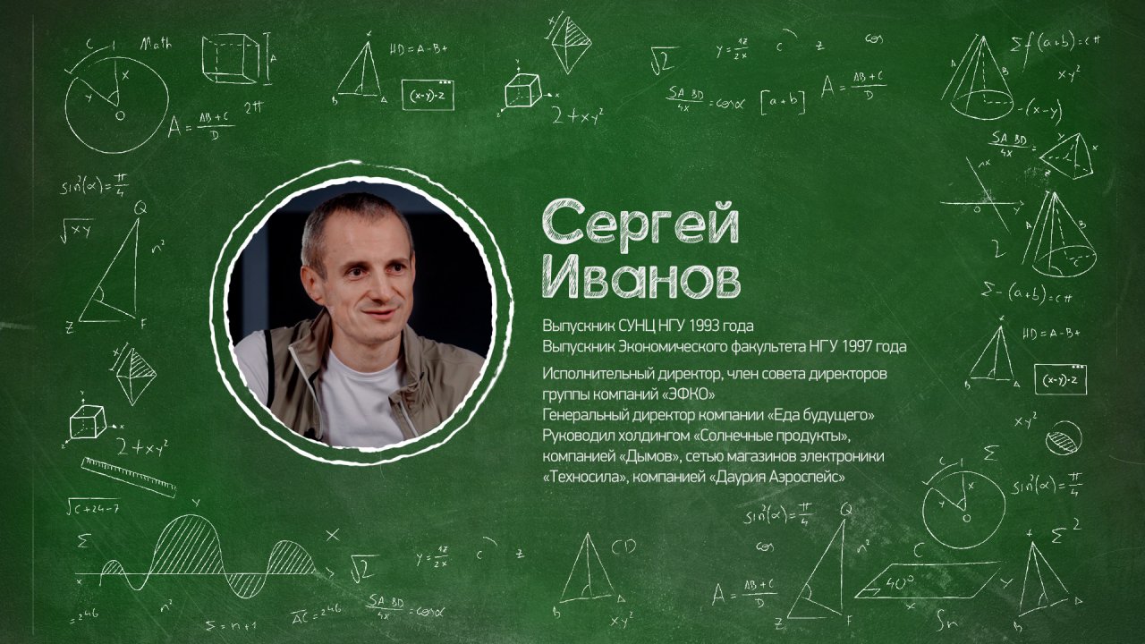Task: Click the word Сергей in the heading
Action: (640, 224)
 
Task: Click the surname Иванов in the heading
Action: (641, 279)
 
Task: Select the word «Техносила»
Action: (583, 478)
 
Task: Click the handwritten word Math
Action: (157, 42)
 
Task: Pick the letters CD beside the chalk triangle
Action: (623, 545)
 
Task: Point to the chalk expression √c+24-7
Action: (91, 508)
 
